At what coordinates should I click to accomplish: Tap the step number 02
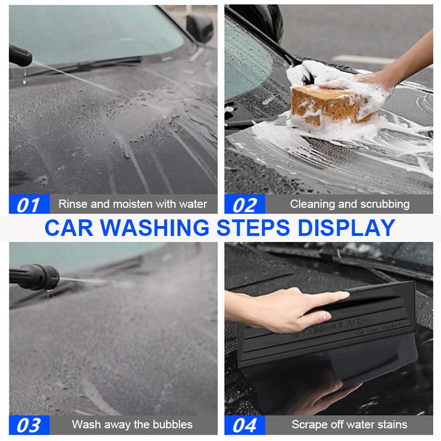(x=245, y=204)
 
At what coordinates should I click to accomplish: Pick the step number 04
(x=245, y=424)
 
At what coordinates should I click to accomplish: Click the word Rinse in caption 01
(x=73, y=204)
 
